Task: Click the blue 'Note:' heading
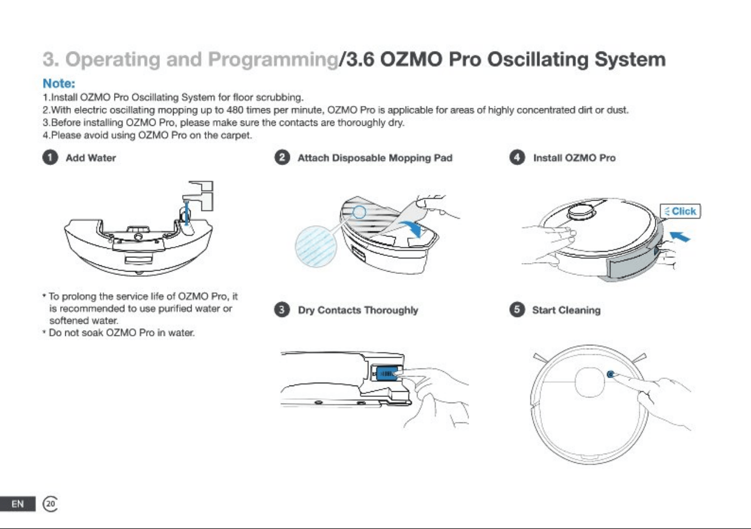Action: tap(59, 83)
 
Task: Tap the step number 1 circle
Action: tap(50, 158)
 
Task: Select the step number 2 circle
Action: tap(282, 158)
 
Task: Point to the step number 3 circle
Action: tap(282, 310)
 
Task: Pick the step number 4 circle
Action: tap(517, 158)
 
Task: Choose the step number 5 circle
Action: tap(517, 310)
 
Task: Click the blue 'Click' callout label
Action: tap(680, 211)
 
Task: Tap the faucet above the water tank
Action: tap(200, 196)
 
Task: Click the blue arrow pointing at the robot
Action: tap(680, 236)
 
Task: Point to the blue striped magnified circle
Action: tap(315, 247)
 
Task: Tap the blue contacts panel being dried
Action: tap(387, 373)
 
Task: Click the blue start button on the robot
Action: tap(610, 374)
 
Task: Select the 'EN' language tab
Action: tap(18, 503)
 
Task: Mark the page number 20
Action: tap(50, 503)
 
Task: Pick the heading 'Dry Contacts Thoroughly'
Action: tap(358, 310)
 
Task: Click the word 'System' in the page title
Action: tap(630, 60)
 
